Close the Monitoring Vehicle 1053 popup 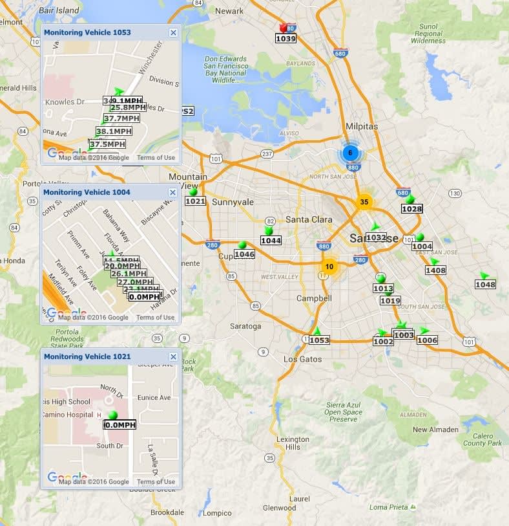coord(173,32)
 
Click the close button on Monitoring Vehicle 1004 coord(173,192)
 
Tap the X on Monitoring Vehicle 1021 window coord(173,356)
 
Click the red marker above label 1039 coord(283,28)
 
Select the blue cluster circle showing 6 coord(350,153)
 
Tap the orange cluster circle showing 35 coord(364,202)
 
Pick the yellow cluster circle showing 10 coord(329,267)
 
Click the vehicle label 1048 coord(485,285)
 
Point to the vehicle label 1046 coord(244,254)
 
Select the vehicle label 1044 coord(271,241)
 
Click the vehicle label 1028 coord(411,209)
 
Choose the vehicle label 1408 coord(435,270)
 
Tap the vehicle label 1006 coord(427,340)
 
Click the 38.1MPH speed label coord(114,131)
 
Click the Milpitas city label coord(361,126)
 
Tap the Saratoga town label coord(245,326)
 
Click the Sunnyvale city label coord(233,202)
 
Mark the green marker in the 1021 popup coord(113,415)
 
